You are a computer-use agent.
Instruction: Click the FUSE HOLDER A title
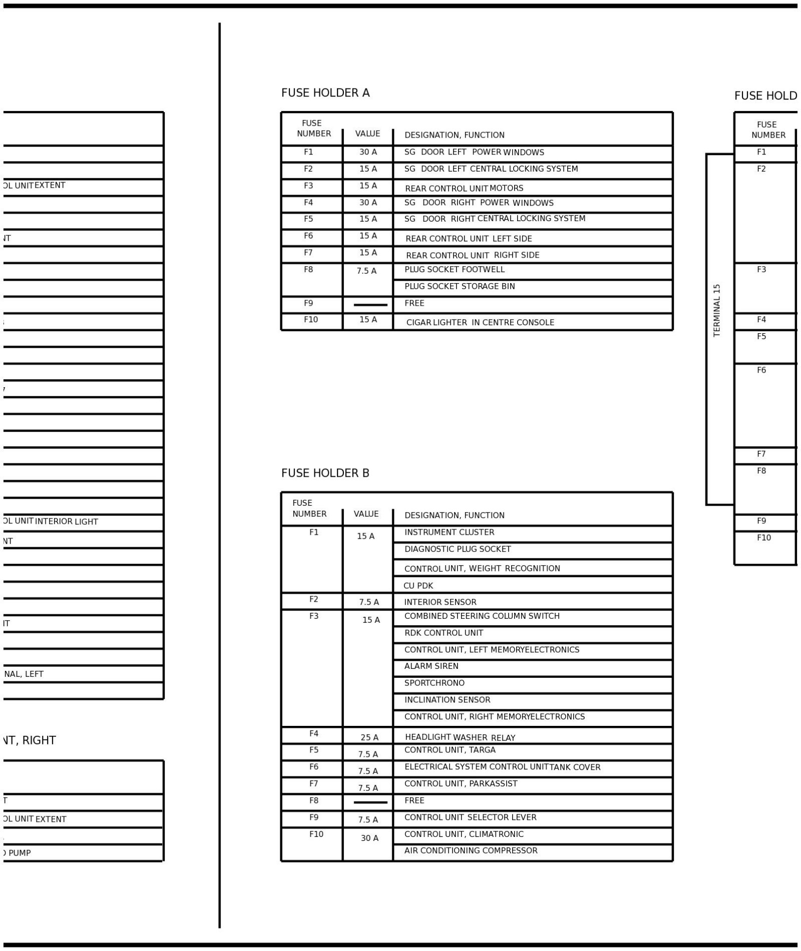(325, 93)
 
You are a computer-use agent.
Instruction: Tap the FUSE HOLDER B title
(325, 473)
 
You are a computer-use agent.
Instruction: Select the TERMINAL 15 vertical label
(716, 311)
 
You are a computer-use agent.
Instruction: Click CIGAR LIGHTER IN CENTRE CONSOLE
(480, 323)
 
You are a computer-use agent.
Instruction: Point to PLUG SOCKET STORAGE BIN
(459, 287)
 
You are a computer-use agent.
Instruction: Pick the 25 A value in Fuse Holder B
(369, 738)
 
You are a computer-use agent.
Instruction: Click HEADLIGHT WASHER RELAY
(460, 738)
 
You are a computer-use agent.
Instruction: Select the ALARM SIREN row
(431, 666)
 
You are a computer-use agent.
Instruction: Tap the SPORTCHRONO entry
(434, 683)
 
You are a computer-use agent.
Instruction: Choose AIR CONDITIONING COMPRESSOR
(471, 850)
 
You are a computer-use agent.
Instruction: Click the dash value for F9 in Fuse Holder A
(370, 305)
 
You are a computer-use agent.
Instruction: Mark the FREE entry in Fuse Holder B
(414, 800)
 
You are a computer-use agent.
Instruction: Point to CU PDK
(418, 586)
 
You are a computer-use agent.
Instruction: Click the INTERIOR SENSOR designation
(440, 602)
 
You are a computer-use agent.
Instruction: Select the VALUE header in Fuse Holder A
(367, 134)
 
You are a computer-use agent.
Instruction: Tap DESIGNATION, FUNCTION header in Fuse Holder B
(454, 515)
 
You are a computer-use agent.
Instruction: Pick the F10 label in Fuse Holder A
(310, 320)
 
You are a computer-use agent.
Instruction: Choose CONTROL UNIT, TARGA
(450, 750)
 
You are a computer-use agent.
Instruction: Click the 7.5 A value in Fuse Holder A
(366, 271)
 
